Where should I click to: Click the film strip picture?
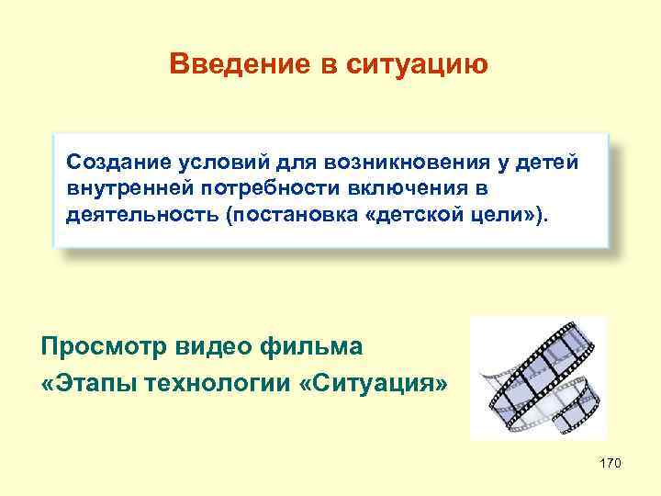coord(538,378)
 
